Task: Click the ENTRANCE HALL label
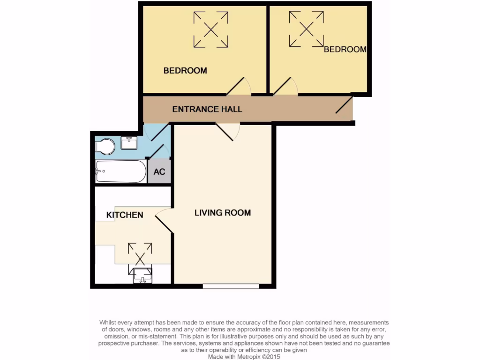(x=207, y=109)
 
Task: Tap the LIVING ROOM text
(x=223, y=213)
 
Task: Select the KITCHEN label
(x=125, y=215)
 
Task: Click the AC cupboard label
(x=159, y=172)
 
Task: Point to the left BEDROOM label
(x=185, y=71)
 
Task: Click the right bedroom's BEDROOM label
(x=345, y=49)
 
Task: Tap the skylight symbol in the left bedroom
(x=211, y=30)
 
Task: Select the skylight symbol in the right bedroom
(x=306, y=29)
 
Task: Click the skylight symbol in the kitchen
(x=140, y=254)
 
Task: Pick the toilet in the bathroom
(x=105, y=147)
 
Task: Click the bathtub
(x=121, y=172)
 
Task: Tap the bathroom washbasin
(x=128, y=142)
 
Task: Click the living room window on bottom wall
(x=231, y=285)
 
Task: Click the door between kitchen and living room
(x=164, y=220)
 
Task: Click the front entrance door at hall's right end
(x=345, y=105)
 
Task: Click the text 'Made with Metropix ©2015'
(x=244, y=357)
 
